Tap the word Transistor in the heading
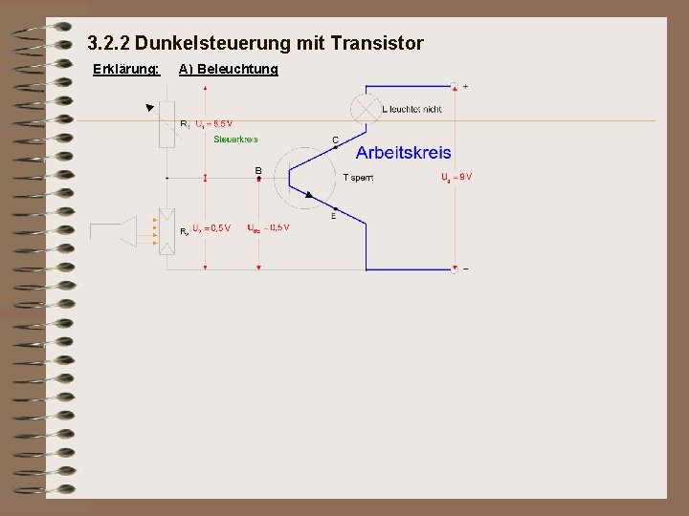(x=378, y=43)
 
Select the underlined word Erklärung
(x=125, y=69)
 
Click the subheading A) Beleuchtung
(x=229, y=69)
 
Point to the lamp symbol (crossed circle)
(x=366, y=107)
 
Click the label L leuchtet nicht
(x=411, y=109)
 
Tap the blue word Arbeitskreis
(x=404, y=152)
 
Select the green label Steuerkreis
(x=235, y=139)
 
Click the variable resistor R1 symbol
(x=167, y=123)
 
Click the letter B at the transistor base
(x=258, y=170)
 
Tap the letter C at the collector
(x=335, y=140)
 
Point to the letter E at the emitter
(x=333, y=216)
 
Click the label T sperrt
(x=358, y=177)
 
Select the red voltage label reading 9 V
(x=456, y=177)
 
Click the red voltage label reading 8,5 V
(x=213, y=123)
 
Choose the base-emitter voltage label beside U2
(x=268, y=227)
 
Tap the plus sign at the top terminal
(x=466, y=87)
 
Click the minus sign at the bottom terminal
(x=466, y=269)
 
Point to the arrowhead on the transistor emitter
(x=308, y=194)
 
